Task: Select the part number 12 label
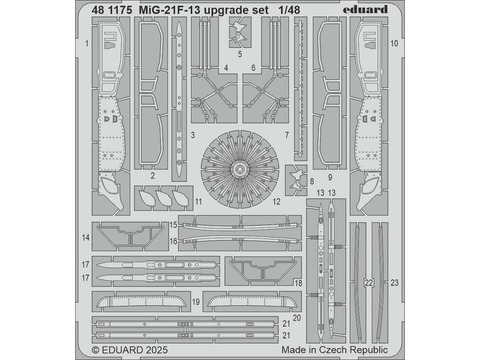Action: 276,202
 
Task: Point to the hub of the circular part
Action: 239,169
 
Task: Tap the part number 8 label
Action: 312,182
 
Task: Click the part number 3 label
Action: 193,136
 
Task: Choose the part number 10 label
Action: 394,44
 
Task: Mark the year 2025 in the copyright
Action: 154,350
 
